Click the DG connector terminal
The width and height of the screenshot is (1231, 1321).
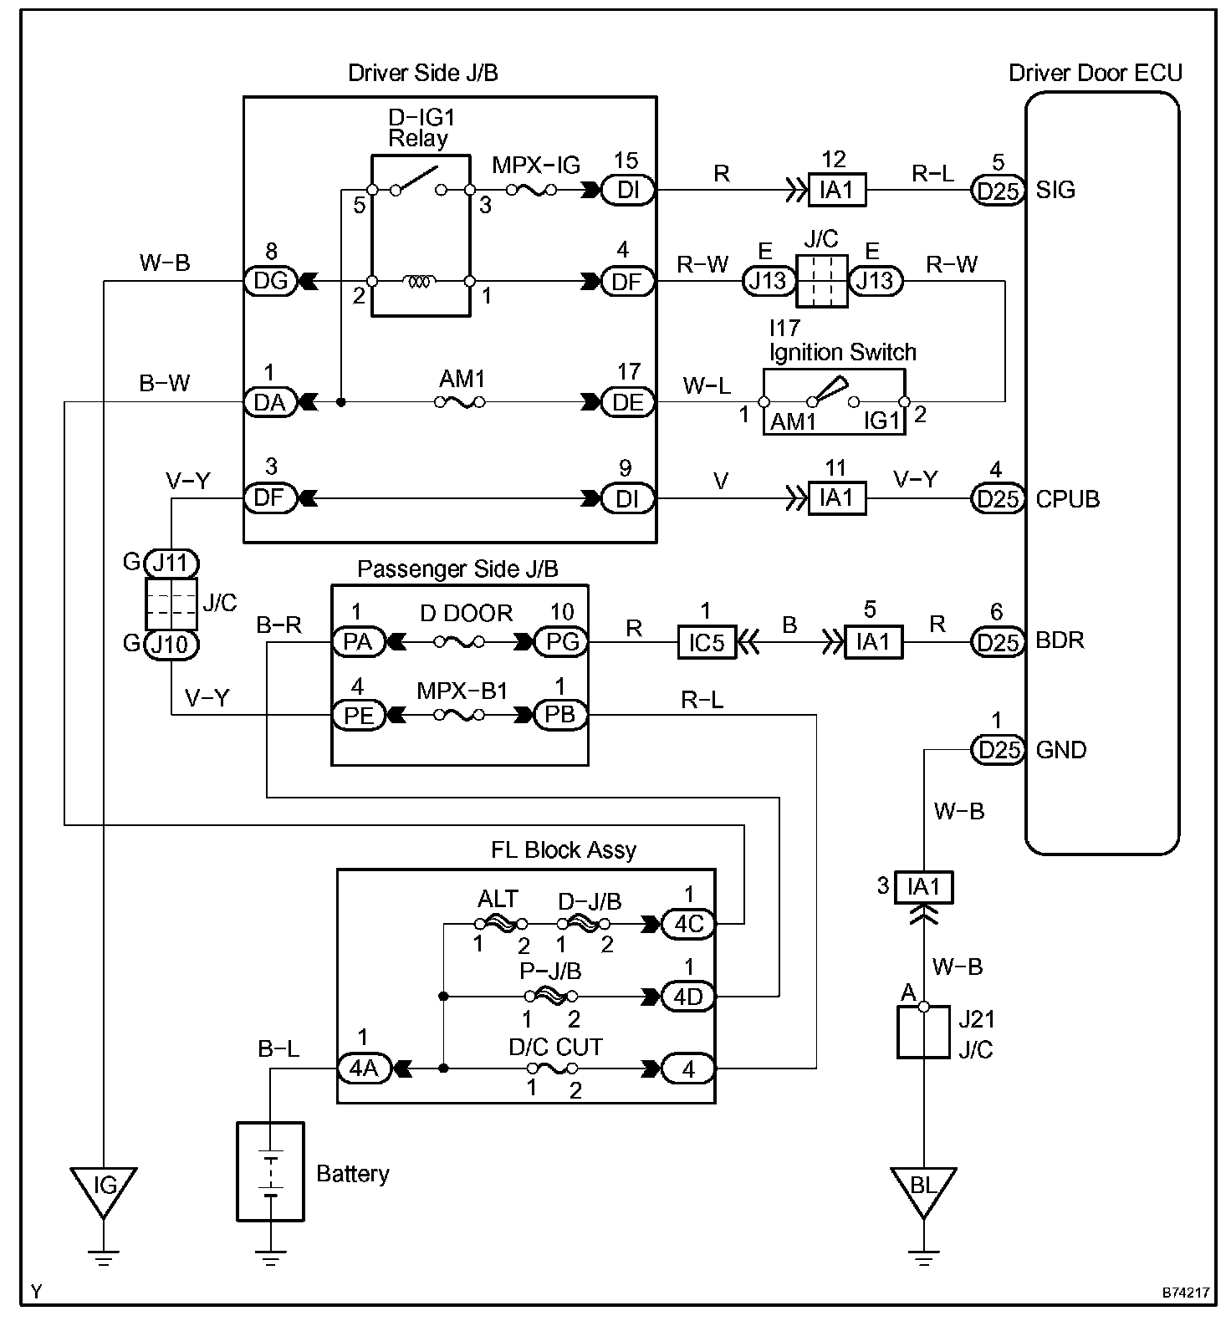(x=270, y=281)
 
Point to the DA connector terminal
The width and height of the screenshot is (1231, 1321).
(x=270, y=403)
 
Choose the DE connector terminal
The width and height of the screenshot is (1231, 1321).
(x=628, y=403)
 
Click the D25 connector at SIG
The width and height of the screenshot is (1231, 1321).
(x=999, y=191)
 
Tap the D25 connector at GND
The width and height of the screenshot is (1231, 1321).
(x=999, y=750)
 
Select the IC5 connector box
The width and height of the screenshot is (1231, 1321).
(x=707, y=642)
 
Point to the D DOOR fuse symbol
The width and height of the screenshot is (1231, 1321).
(x=459, y=642)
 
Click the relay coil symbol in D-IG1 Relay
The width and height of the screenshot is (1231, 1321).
(x=419, y=282)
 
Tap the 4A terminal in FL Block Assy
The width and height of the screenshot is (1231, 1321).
(x=364, y=1069)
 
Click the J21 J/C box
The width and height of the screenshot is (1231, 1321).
(x=923, y=1033)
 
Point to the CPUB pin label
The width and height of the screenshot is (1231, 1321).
(x=1068, y=499)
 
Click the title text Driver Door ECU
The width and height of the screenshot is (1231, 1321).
(x=1096, y=73)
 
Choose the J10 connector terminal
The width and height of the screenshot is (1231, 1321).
(x=171, y=645)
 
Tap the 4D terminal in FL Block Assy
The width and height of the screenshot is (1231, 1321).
(x=688, y=997)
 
